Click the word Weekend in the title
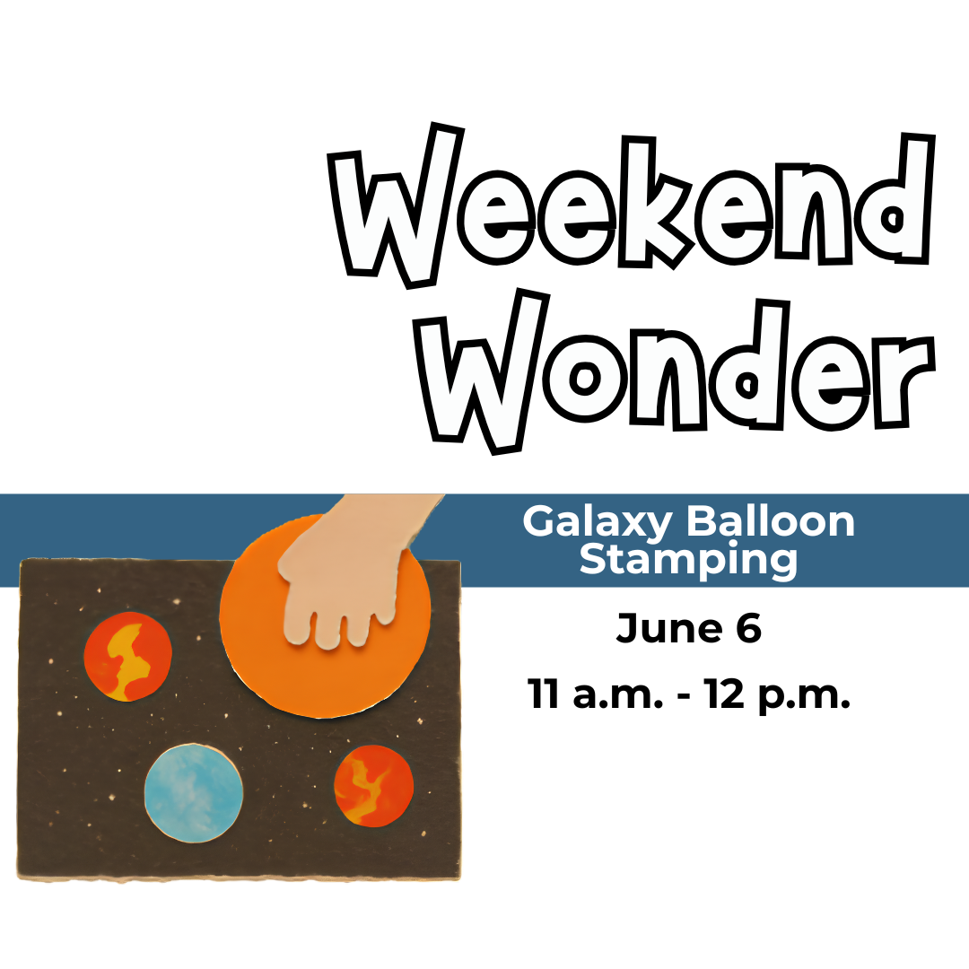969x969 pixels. pyautogui.click(x=633, y=205)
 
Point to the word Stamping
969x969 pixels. pyautogui.click(x=688, y=560)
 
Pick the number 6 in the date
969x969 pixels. pyautogui.click(x=747, y=629)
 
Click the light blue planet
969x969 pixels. pyautogui.click(x=194, y=793)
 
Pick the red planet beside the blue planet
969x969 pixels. pyautogui.click(x=374, y=786)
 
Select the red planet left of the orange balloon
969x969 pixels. pyautogui.click(x=128, y=656)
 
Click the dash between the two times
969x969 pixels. pyautogui.click(x=686, y=696)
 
